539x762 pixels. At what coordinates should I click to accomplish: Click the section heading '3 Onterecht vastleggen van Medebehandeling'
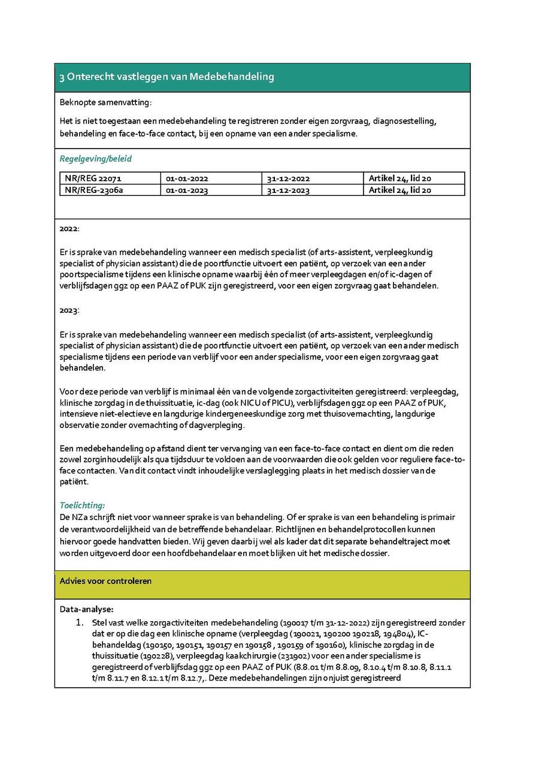point(166,77)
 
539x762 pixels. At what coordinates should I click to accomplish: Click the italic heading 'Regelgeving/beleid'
point(95,159)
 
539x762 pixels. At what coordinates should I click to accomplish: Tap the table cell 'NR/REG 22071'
point(93,179)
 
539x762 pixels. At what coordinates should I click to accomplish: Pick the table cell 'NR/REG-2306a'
point(94,190)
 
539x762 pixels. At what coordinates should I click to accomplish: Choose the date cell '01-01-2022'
point(187,179)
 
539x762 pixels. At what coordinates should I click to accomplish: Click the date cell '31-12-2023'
point(289,190)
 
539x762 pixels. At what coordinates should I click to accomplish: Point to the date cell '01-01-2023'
point(187,190)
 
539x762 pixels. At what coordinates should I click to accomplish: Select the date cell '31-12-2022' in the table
point(289,179)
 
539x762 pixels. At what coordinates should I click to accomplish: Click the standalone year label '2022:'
point(69,229)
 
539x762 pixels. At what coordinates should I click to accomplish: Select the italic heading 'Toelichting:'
point(82,506)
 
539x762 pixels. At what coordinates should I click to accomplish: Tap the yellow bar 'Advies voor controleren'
point(105,581)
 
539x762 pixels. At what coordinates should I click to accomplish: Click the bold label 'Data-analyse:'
point(86,610)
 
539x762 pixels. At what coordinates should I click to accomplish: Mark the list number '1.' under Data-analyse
point(79,623)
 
